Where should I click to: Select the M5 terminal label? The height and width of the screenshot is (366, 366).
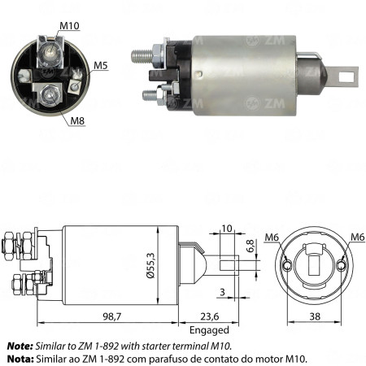point(100,64)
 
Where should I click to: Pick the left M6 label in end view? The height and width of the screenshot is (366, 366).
point(276,237)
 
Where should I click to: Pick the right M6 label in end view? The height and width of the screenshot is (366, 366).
point(355,237)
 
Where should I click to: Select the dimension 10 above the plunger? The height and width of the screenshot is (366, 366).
point(226,229)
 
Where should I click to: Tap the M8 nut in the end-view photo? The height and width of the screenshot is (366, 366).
point(48,97)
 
